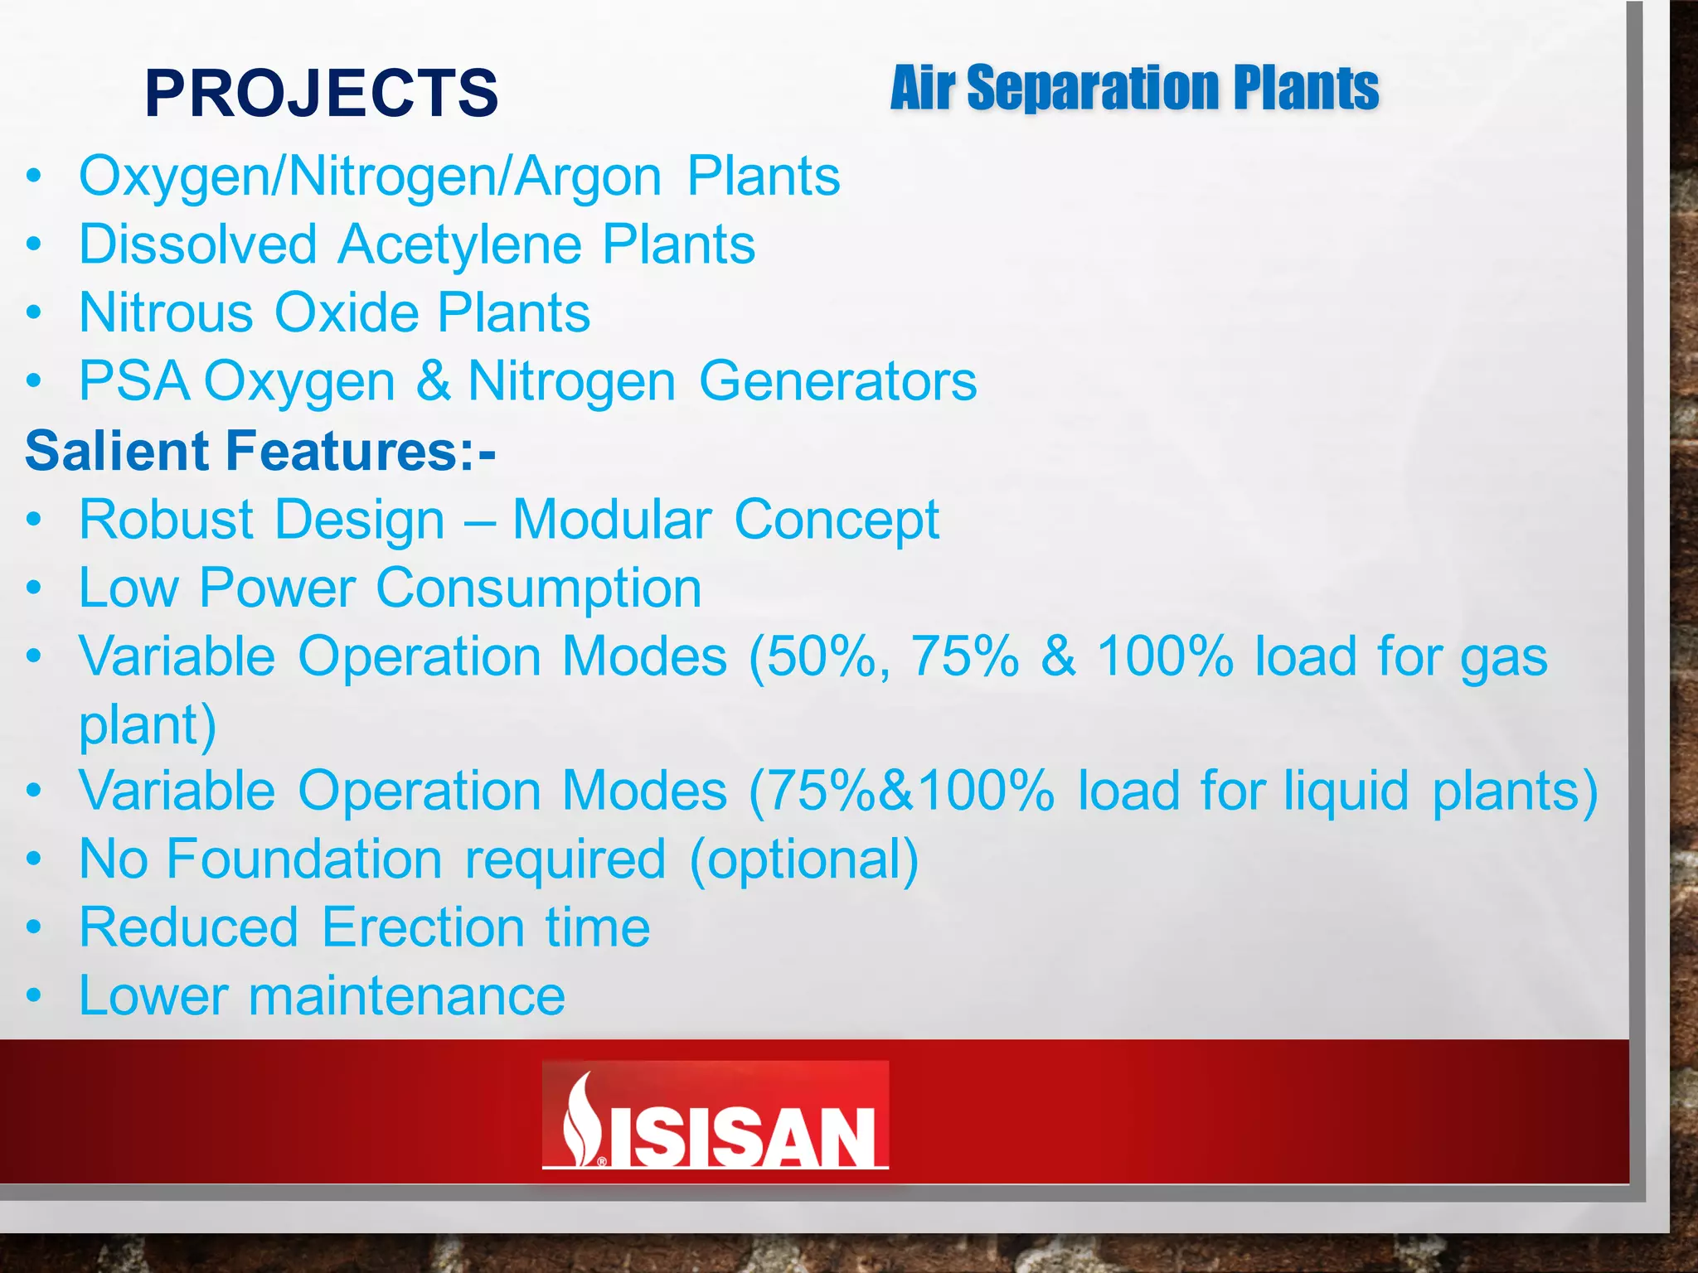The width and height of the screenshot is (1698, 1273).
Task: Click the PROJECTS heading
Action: point(322,93)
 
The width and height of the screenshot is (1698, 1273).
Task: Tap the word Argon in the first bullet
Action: point(587,177)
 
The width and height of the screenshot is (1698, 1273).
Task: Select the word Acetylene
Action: point(460,245)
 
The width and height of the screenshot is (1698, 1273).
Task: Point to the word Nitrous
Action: point(166,313)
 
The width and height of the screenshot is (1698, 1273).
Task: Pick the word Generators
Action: point(837,381)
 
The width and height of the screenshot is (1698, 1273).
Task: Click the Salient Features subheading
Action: point(260,451)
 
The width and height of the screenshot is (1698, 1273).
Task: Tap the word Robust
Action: point(166,520)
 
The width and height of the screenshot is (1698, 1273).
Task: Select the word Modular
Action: point(613,520)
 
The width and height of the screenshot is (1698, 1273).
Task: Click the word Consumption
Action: point(539,588)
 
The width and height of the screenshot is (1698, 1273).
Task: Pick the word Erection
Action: point(423,927)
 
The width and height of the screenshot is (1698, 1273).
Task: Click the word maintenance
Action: point(407,995)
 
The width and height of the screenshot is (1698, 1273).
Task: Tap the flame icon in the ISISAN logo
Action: point(581,1119)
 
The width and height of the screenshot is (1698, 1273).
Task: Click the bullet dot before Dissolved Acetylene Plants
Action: point(33,245)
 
